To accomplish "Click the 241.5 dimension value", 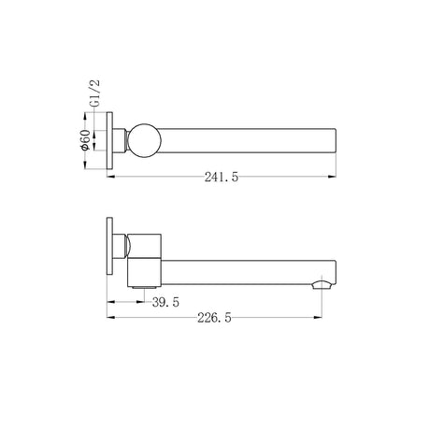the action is [x=222, y=178].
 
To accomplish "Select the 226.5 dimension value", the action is [x=214, y=318].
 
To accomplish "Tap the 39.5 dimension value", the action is [x=165, y=302].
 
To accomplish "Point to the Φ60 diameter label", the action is [x=85, y=140].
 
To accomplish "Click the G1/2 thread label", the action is [x=96, y=93].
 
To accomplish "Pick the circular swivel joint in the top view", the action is [x=145, y=140].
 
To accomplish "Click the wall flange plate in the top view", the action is [x=109, y=140].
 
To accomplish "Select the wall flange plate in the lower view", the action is [x=109, y=246].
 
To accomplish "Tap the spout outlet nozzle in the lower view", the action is [x=322, y=284].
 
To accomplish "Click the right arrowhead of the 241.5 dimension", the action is [x=332, y=177].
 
